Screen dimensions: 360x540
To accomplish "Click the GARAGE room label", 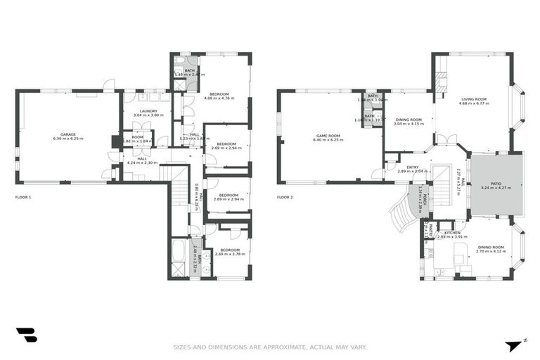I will click(67, 134).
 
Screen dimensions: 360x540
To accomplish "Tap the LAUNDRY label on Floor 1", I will click(148, 111).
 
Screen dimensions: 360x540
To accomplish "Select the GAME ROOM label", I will click(328, 135).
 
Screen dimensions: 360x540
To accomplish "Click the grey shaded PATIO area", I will click(495, 184).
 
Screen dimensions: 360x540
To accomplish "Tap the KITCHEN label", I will click(451, 233).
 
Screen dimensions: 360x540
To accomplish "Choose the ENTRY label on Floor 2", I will click(412, 167).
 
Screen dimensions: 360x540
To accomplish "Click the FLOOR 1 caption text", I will click(23, 198).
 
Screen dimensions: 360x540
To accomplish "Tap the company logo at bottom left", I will click(26, 335).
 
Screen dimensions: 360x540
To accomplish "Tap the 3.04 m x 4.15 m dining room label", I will click(408, 121).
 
